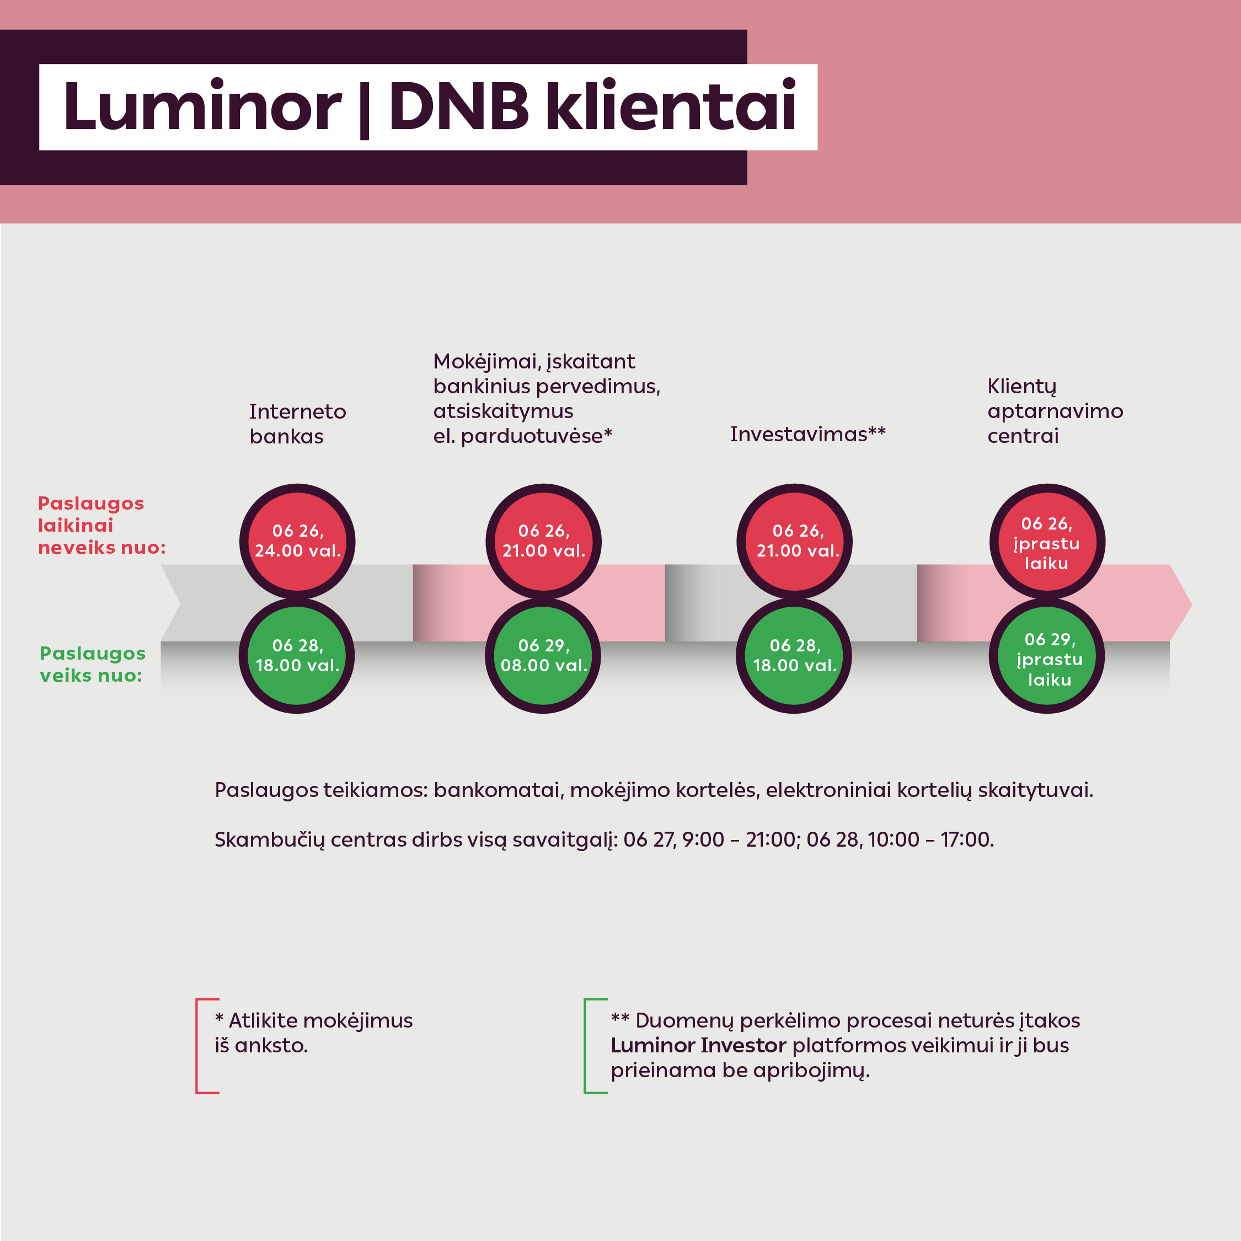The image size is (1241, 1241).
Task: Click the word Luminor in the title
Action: click(x=202, y=106)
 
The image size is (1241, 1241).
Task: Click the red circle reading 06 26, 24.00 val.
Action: click(x=297, y=541)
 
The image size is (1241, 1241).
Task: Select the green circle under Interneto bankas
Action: click(x=297, y=656)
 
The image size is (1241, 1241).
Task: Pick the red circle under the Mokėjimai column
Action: click(x=543, y=541)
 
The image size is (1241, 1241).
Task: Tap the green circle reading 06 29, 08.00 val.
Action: click(x=543, y=656)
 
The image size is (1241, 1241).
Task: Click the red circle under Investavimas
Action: click(x=795, y=541)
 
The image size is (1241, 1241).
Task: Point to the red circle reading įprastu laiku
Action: click(x=1047, y=541)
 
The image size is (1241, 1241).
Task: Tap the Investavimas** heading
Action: click(x=808, y=434)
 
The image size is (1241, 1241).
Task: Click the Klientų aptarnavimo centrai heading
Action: click(x=1055, y=411)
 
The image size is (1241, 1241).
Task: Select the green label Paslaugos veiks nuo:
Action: click(x=93, y=664)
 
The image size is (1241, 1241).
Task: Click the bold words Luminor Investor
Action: click(x=698, y=1045)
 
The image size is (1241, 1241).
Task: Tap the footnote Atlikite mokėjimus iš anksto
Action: click(x=314, y=1033)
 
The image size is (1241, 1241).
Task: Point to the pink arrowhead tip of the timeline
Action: click(x=1191, y=605)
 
